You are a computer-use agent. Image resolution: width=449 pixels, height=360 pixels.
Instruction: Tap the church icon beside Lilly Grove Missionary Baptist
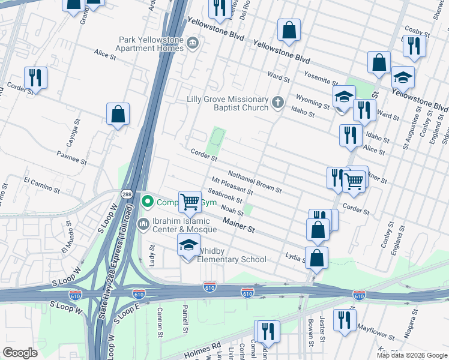tap(277, 103)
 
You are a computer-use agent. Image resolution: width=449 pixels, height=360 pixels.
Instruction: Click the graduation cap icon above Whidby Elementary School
tap(188, 245)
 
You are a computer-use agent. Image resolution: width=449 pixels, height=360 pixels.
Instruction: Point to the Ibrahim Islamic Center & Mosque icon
tap(143, 224)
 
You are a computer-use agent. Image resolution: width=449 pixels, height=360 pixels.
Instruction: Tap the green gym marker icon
tap(146, 202)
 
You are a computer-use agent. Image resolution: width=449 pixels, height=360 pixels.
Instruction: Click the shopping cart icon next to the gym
tap(190, 201)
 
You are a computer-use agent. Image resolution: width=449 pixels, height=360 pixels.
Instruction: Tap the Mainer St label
tap(239, 226)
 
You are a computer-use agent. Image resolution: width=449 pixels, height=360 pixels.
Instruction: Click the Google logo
tap(20, 353)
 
